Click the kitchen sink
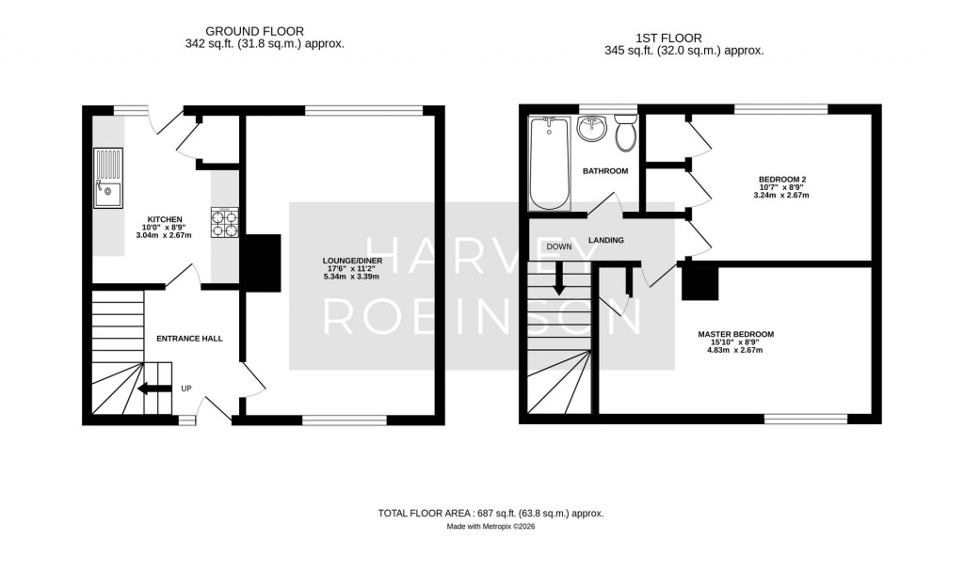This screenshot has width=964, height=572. point(108,178)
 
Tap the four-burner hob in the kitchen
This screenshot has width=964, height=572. point(225,222)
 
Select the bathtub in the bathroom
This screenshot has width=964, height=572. point(550,164)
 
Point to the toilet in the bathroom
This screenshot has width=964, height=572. point(626,133)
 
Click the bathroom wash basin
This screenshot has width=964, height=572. point(592,128)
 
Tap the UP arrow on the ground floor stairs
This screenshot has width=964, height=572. point(154,389)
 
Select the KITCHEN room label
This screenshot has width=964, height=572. point(165,219)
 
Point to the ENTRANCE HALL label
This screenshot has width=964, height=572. point(189,339)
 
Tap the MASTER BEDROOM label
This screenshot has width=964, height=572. point(736,334)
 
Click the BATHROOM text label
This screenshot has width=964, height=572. point(605,171)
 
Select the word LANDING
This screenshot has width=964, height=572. point(606,240)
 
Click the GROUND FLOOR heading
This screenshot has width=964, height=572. point(254,31)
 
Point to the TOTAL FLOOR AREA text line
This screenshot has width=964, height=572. point(490,513)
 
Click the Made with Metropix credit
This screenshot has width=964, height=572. point(490,527)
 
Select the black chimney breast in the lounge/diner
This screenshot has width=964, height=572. point(264,263)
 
